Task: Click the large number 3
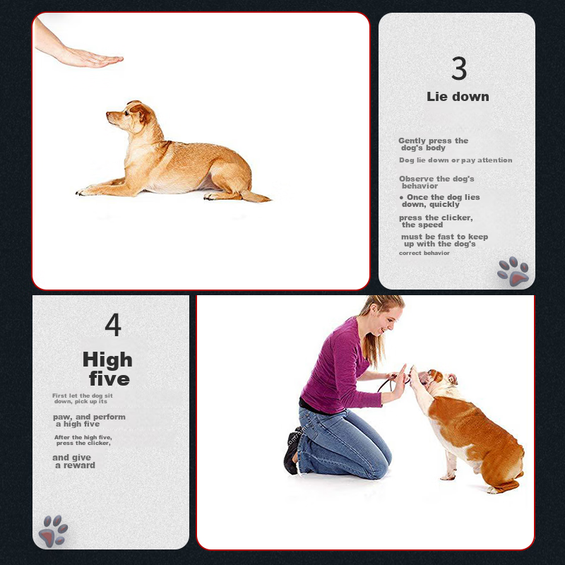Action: tap(458, 68)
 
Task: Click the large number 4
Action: tap(113, 324)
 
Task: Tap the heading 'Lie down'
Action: tap(458, 97)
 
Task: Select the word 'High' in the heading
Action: tap(107, 359)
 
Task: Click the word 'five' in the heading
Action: tap(109, 379)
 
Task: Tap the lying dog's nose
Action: tap(108, 114)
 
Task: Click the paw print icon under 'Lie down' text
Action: tap(513, 271)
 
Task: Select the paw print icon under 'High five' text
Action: tap(53, 531)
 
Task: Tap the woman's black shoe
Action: tap(292, 451)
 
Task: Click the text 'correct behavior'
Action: tap(424, 254)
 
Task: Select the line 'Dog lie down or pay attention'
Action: tap(456, 160)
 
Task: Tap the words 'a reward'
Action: tap(75, 465)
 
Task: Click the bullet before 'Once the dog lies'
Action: tap(401, 198)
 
